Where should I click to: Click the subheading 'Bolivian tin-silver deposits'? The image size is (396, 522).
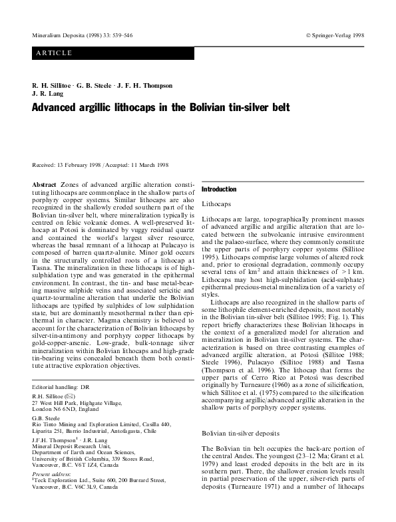[243, 433]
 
